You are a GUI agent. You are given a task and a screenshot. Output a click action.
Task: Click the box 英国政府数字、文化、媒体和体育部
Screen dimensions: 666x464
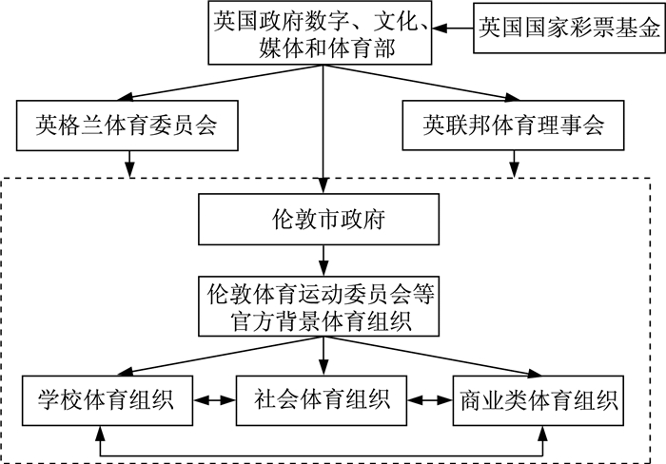pos(320,32)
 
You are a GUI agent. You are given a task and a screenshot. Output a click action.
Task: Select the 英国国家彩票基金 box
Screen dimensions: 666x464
pos(570,28)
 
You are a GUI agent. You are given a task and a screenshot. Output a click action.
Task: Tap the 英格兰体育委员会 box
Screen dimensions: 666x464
pos(127,126)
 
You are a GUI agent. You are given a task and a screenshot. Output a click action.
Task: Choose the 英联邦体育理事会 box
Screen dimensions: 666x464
pos(513,126)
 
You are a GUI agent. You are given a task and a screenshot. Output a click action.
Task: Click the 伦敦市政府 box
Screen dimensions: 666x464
pos(319,220)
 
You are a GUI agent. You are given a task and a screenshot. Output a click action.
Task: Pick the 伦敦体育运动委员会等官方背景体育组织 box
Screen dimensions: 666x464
pos(319,306)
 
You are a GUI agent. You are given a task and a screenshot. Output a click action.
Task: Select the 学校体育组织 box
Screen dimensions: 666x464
pos(108,400)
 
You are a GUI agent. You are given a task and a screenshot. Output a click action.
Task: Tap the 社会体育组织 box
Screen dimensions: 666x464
pos(322,400)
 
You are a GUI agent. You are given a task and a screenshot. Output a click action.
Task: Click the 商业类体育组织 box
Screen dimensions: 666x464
pos(539,400)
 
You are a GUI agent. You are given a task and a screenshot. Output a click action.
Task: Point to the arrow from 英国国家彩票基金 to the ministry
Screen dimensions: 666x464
pos(453,28)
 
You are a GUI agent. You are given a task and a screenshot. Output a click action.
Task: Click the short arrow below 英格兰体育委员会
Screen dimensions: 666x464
pos(129,164)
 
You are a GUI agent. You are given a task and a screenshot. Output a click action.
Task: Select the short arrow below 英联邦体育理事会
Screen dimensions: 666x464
pos(515,164)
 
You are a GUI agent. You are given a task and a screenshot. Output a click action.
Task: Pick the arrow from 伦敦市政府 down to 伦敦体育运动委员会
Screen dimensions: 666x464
pos(323,261)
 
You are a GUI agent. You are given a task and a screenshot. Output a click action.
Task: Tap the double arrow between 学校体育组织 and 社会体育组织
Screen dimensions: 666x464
pos(214,400)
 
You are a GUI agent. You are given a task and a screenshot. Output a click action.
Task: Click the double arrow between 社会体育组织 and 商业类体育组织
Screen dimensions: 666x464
pos(430,400)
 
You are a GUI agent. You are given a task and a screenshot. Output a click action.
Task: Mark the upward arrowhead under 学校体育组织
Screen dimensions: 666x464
pos(100,433)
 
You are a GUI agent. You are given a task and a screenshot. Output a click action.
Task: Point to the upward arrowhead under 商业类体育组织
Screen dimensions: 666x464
pos(542,433)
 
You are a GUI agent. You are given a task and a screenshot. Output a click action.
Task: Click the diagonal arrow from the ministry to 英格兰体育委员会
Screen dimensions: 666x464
pos(220,83)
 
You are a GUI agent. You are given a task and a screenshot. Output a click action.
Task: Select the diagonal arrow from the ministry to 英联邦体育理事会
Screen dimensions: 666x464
pos(421,83)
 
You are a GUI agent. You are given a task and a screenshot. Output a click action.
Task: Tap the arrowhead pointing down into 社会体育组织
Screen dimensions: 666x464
pos(323,368)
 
